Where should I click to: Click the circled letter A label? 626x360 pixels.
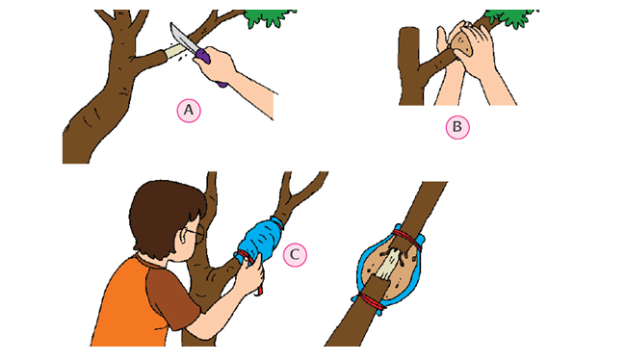pyautogui.click(x=189, y=111)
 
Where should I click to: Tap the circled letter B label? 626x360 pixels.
pyautogui.click(x=457, y=127)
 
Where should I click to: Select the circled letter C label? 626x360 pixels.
pyautogui.click(x=295, y=255)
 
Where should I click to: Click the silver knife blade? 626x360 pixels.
pyautogui.click(x=183, y=39)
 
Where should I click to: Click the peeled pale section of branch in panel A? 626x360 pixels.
pyautogui.click(x=175, y=51)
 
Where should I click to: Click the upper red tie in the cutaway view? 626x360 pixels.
pyautogui.click(x=407, y=239)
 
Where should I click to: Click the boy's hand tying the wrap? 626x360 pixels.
pyautogui.click(x=251, y=275)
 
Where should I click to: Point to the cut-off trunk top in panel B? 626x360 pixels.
pyautogui.click(x=408, y=30)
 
